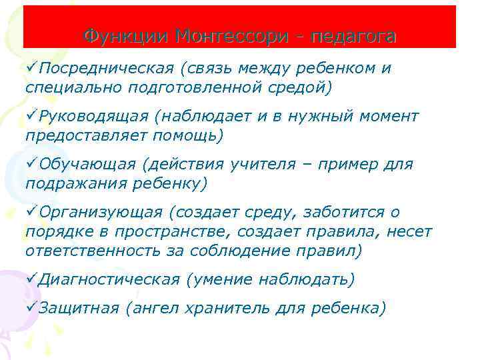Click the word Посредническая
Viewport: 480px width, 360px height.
pos(99,69)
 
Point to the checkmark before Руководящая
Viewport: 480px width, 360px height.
pos(31,117)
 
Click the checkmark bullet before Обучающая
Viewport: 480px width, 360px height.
pos(31,164)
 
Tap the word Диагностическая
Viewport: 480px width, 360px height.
pos(109,279)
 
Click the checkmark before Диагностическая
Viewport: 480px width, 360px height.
pos(31,279)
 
